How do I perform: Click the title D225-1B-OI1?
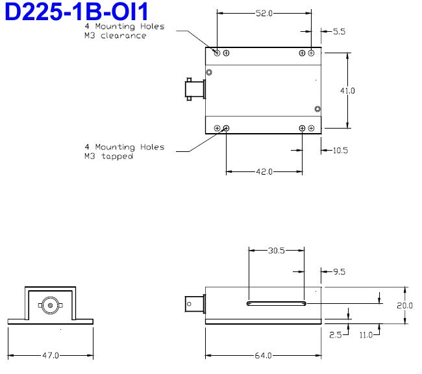point(77,12)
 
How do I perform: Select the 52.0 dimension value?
point(263,13)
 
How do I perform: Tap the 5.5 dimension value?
point(339,31)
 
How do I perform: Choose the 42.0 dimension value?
point(263,171)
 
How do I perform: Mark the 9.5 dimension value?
point(339,273)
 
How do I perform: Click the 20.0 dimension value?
point(403,305)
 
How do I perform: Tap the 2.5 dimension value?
point(335,335)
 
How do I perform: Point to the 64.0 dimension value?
point(263,355)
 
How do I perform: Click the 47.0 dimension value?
point(51,355)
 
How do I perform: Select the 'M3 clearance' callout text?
point(115,36)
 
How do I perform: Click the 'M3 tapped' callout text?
point(108,156)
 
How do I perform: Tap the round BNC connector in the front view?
point(50,303)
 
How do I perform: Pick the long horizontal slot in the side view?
point(277,303)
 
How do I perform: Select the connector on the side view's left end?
point(194,303)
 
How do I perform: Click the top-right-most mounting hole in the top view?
point(312,53)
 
